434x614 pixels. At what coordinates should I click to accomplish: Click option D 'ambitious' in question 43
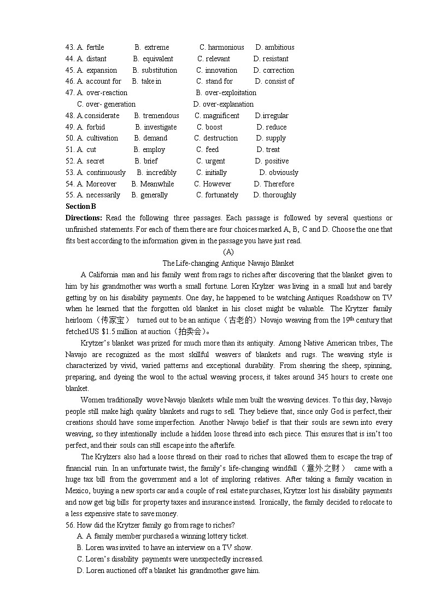[x=279, y=48]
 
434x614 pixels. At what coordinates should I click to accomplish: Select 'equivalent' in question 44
[x=157, y=59]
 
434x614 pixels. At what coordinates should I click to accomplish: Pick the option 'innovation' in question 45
[x=221, y=71]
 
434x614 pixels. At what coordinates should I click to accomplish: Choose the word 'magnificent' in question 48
[x=221, y=116]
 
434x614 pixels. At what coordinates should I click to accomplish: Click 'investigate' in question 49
[x=160, y=127]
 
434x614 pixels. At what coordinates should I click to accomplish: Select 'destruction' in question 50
[x=220, y=138]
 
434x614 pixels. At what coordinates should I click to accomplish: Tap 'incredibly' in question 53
[x=161, y=173]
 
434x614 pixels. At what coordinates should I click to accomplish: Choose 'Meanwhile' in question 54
[x=157, y=184]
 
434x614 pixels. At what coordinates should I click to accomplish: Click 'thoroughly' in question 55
[x=279, y=195]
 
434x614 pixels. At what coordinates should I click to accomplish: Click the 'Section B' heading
[x=80, y=206]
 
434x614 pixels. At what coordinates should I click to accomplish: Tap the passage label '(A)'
[x=228, y=252]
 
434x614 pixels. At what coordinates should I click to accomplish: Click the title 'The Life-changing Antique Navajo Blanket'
[x=228, y=264]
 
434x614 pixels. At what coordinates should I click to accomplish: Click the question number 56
[x=70, y=525]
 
